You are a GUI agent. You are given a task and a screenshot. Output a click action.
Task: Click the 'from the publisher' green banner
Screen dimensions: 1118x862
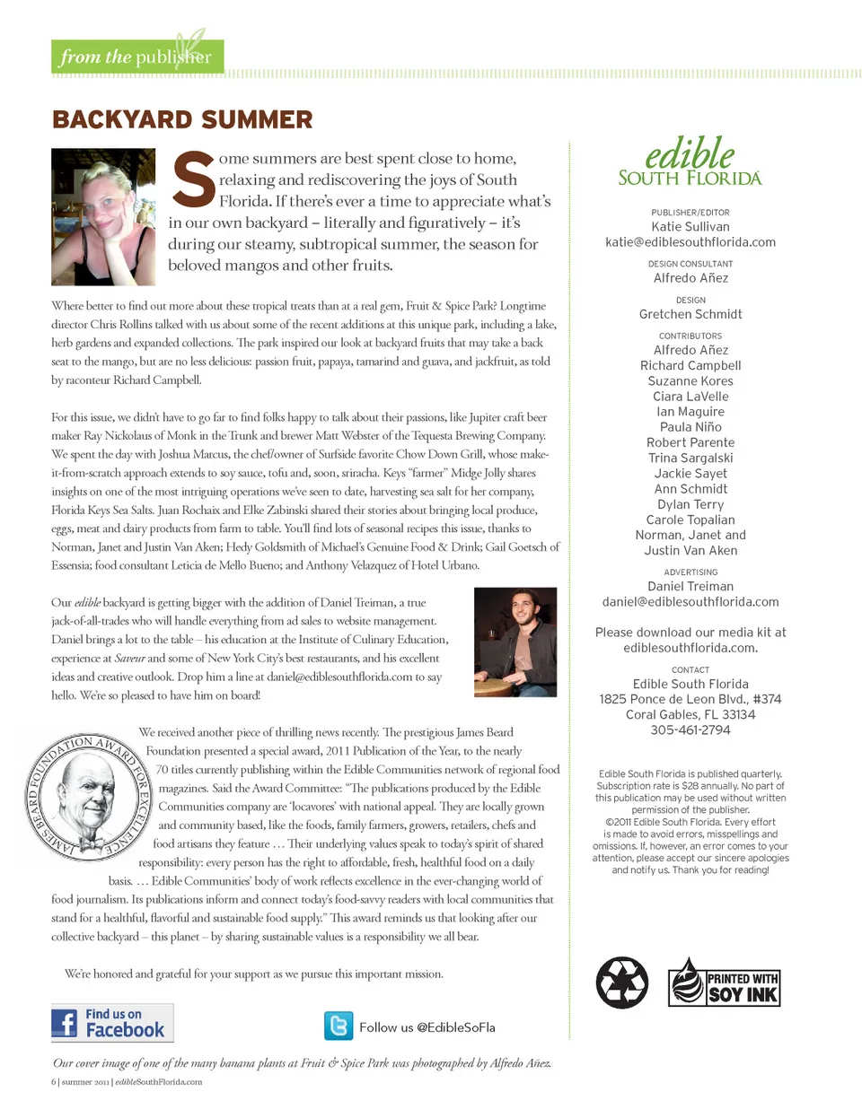pos(136,57)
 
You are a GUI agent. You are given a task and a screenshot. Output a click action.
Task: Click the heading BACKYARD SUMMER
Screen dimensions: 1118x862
pos(182,119)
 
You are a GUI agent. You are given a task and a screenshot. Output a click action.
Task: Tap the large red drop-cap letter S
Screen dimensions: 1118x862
pos(193,180)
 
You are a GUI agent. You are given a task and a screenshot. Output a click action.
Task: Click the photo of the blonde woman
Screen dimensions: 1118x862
pos(103,216)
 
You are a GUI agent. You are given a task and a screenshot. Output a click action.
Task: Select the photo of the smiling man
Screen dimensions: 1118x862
pos(515,642)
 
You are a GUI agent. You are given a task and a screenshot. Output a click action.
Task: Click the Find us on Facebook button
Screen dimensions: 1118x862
pos(112,1023)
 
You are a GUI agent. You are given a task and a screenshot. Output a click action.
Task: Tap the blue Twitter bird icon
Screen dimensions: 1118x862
pos(339,1026)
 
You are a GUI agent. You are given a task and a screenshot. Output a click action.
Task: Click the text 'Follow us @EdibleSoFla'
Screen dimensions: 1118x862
pos(427,1027)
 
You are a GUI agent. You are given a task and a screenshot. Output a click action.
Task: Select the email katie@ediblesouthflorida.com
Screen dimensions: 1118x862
pos(690,242)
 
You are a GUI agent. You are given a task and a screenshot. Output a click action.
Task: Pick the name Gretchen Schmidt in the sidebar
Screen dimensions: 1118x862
pos(690,314)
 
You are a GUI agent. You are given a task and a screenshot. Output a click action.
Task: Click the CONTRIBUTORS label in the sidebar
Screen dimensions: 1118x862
pos(690,336)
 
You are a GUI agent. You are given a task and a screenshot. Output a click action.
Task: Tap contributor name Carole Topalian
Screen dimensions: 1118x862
pos(690,520)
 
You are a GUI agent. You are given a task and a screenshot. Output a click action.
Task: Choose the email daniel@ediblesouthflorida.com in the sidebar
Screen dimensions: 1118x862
pos(690,602)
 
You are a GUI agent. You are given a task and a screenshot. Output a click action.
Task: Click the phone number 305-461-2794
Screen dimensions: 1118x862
pos(690,730)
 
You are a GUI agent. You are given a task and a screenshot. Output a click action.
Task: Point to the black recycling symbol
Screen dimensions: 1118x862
pos(622,983)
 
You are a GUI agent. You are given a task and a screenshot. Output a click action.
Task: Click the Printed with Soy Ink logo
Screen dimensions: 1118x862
pos(725,983)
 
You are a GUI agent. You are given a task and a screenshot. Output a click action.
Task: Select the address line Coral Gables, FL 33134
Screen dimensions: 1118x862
pos(690,715)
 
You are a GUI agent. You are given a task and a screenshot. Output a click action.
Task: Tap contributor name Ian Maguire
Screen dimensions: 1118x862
pos(690,412)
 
